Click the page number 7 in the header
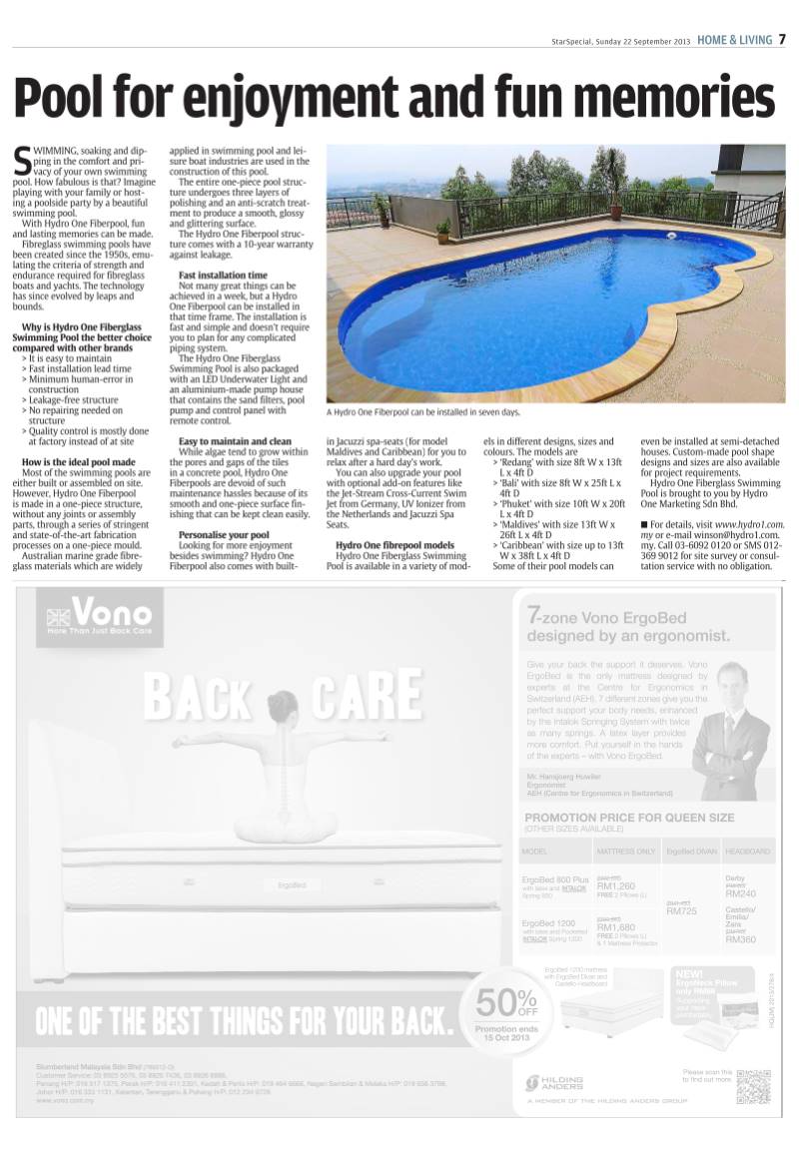click(x=783, y=40)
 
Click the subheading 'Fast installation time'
click(x=223, y=275)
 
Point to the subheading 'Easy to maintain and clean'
click(x=235, y=440)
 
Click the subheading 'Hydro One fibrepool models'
click(x=396, y=544)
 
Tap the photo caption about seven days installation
click(x=423, y=411)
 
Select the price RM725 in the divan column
click(x=681, y=911)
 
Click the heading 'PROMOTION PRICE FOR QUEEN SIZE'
click(x=629, y=818)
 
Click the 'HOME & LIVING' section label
click(x=734, y=40)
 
